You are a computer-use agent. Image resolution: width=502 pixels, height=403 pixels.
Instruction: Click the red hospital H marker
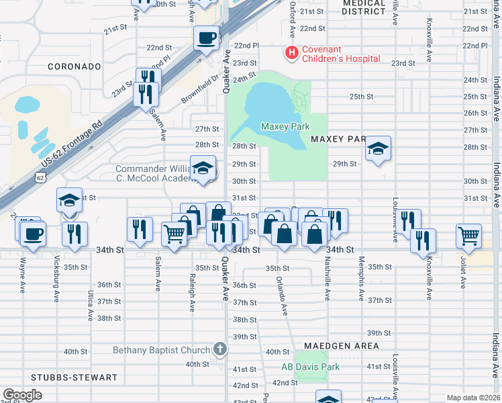[292, 52]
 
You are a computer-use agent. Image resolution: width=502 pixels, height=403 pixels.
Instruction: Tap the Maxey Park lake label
[285, 126]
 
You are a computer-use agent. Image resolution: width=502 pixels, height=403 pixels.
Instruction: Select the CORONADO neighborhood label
[74, 66]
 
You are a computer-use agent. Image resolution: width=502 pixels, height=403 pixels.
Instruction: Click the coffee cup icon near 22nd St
[206, 38]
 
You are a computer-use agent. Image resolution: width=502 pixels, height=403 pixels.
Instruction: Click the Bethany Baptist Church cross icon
[219, 349]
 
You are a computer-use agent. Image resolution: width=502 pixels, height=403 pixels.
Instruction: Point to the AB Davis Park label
[310, 367]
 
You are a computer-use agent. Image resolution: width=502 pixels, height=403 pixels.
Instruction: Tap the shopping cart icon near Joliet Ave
[468, 235]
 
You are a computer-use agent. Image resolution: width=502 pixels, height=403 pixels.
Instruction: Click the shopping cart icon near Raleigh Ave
[174, 234]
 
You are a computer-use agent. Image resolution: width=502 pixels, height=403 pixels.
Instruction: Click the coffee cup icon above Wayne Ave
[32, 234]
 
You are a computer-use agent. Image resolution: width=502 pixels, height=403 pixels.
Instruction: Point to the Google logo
[22, 395]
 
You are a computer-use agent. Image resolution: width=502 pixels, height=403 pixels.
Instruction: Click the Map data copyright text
[472, 398]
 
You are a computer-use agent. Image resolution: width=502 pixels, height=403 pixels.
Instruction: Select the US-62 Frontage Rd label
[70, 144]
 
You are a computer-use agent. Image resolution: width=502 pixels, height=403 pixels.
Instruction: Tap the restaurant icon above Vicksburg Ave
[74, 234]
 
